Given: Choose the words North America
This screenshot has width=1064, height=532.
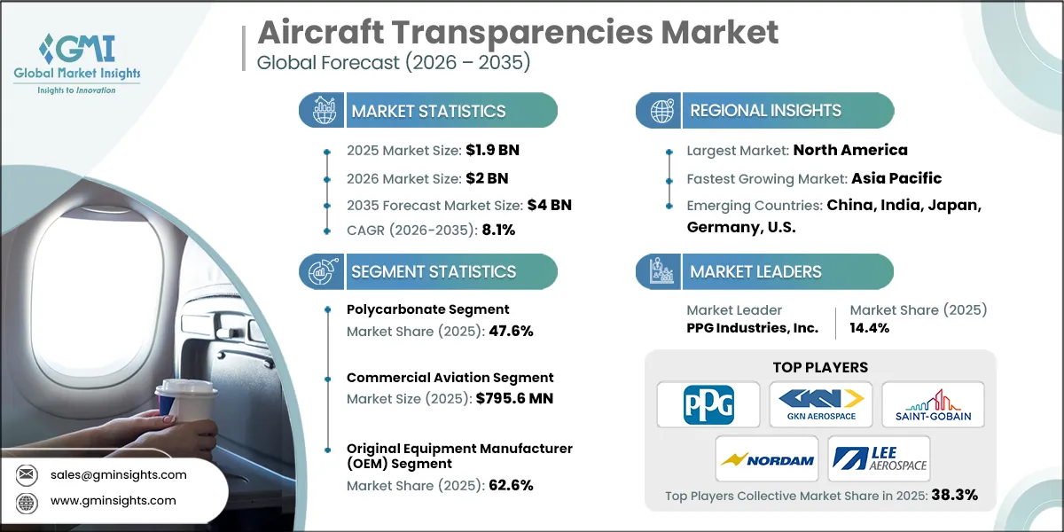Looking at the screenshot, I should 849,150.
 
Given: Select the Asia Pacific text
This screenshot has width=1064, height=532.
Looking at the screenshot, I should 896,177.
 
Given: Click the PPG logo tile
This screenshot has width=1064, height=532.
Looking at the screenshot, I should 708,403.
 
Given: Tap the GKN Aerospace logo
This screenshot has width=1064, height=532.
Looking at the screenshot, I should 820,403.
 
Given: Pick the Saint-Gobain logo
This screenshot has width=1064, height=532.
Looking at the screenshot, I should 933,403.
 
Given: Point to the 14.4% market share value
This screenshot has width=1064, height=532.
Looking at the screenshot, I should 870,327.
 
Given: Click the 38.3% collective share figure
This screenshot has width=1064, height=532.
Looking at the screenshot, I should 953,495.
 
